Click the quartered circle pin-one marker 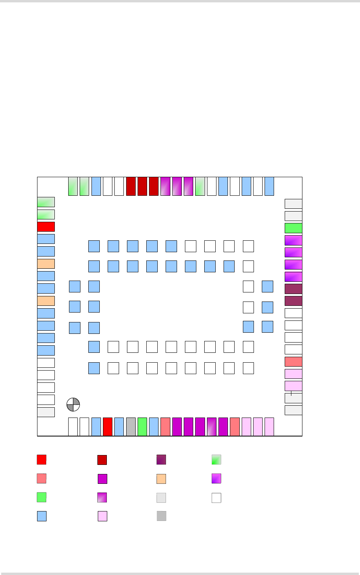coord(73,405)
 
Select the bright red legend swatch coord(41,460)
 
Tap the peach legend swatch coord(161,479)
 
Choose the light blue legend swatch coord(41,516)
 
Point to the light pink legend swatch coord(102,516)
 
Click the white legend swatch coord(216,498)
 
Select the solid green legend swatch coord(41,497)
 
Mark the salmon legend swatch coord(41,478)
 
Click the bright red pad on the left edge coord(46,227)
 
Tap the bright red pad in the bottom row coord(108,427)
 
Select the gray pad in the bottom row coord(131,427)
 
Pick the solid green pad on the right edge coord(293,228)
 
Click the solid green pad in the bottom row coord(142,427)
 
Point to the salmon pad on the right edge coord(293,361)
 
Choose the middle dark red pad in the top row coord(142,186)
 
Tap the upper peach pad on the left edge coord(46,264)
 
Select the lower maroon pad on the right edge coord(293,301)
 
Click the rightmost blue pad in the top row coord(269,186)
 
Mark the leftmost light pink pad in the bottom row coord(246,427)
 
